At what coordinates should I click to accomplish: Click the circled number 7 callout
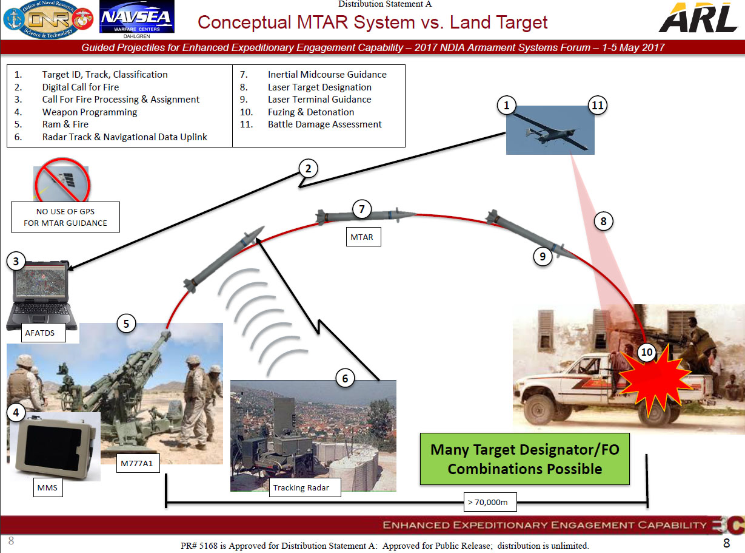click(362, 209)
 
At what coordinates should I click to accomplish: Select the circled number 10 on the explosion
click(647, 352)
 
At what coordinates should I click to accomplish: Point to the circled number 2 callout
click(309, 169)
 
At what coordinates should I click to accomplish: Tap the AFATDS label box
click(41, 333)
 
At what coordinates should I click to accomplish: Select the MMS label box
click(47, 487)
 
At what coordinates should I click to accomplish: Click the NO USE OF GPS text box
click(65, 217)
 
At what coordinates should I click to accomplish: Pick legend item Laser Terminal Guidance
click(319, 100)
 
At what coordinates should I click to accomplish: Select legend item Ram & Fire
click(65, 124)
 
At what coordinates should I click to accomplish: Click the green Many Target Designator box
click(525, 459)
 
